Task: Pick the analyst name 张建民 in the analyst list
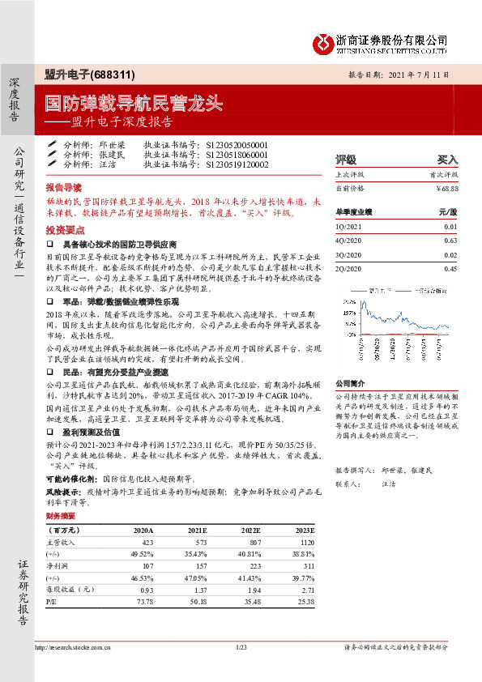pos(113,154)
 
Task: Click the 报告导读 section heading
pos(63,185)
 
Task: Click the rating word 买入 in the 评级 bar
pos(447,160)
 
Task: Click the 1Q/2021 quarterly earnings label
pos(351,227)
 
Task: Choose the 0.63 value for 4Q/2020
pos(451,241)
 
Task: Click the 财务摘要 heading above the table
pos(61,515)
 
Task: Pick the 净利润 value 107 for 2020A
pos(147,565)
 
